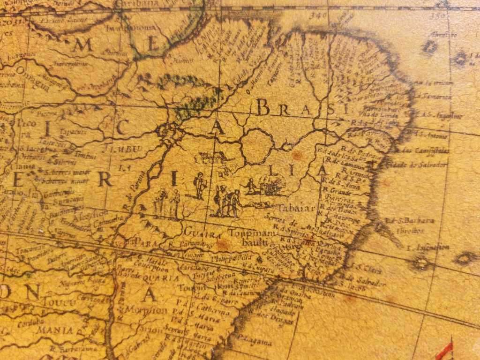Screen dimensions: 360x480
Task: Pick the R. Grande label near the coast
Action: (337, 192)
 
